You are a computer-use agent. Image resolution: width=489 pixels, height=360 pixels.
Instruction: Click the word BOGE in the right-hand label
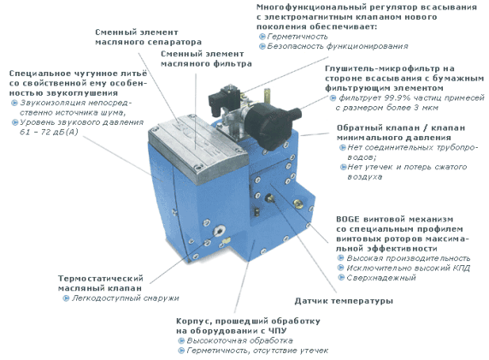pyautogui.click(x=350, y=219)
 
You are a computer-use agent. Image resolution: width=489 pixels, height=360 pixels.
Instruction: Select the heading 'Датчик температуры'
pyautogui.click(x=343, y=301)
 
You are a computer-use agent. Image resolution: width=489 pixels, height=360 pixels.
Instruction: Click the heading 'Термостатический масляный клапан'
pyautogui.click(x=103, y=283)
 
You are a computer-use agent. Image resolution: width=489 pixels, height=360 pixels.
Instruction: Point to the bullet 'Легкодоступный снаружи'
pyautogui.click(x=128, y=298)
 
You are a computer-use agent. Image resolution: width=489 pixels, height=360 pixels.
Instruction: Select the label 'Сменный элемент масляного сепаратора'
pyautogui.click(x=147, y=35)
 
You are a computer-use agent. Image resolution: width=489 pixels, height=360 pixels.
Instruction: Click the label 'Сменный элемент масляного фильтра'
pyautogui.click(x=205, y=58)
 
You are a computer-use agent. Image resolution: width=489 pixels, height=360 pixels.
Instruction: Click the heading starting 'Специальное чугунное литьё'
pyautogui.click(x=73, y=84)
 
